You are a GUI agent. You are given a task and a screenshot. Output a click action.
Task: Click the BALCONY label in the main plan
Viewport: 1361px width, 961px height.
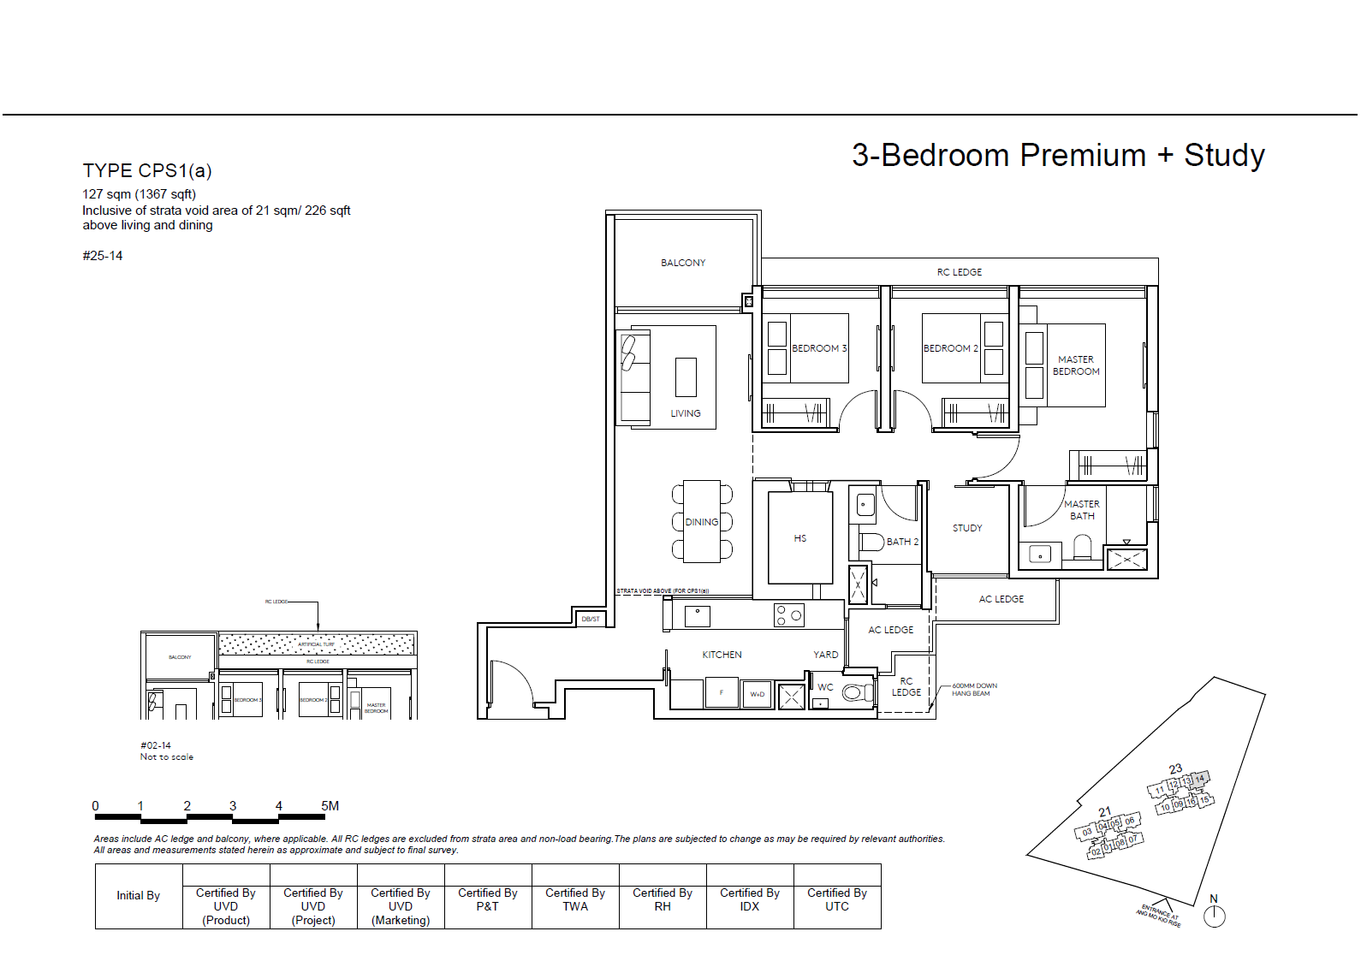coord(683,263)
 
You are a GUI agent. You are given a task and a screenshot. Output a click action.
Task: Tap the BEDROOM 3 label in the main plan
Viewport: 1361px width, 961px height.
coord(818,348)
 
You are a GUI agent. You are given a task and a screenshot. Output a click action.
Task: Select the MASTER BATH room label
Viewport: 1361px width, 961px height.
coord(1082,510)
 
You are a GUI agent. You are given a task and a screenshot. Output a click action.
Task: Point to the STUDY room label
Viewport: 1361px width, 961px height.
coord(967,528)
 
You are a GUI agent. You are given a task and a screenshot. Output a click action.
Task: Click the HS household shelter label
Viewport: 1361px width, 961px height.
coord(799,538)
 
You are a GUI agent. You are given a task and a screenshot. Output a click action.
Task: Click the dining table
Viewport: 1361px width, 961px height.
coord(702,521)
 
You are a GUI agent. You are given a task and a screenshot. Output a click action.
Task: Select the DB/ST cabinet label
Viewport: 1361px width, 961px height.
coord(591,619)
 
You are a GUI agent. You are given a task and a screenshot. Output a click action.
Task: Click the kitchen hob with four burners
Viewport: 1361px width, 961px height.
coord(788,614)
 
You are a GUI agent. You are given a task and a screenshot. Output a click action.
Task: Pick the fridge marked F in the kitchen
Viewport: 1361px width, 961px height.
coord(722,692)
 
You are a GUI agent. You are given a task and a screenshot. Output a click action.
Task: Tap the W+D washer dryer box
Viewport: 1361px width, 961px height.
coord(758,694)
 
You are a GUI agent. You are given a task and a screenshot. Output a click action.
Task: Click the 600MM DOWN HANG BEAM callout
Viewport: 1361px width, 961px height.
coord(974,690)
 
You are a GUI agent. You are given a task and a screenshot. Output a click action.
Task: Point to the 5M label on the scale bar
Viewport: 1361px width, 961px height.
coord(330,805)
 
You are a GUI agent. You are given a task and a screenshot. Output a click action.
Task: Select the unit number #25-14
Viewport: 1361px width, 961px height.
coord(103,256)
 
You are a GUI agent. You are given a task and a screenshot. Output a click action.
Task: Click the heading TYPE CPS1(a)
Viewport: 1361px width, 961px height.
coord(147,170)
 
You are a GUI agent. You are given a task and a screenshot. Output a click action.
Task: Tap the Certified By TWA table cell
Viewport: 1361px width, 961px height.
coord(575,899)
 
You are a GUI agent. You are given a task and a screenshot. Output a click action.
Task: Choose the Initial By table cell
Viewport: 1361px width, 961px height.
coord(139,895)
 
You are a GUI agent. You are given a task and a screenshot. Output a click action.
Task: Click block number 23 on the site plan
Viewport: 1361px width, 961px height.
coord(1175,768)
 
